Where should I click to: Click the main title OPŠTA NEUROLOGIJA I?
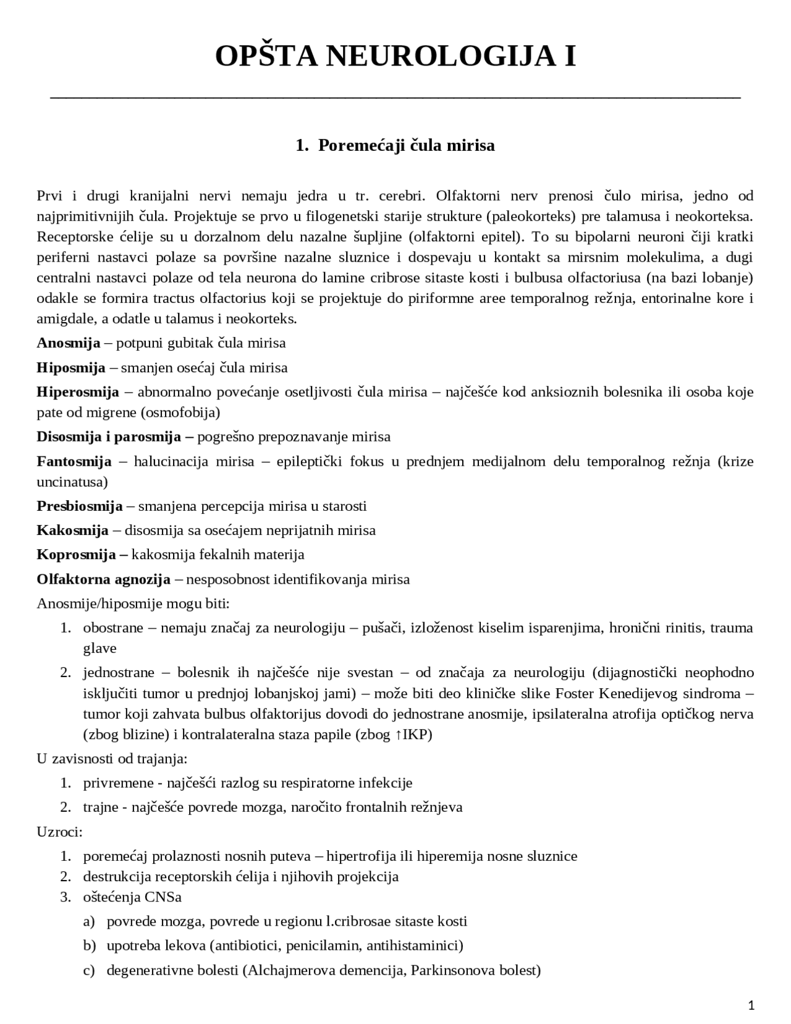pos(395,56)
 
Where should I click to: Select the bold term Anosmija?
pos(68,343)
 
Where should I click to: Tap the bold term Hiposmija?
pos(71,367)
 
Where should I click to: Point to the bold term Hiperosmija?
pos(77,391)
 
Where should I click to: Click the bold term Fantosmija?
pos(74,461)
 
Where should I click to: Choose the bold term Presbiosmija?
pos(79,506)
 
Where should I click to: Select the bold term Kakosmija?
pos(72,530)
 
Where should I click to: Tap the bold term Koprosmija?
pos(76,554)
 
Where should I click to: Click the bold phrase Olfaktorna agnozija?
pos(103,579)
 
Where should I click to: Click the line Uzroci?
pos(59,831)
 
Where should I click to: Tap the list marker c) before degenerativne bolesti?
pos(89,970)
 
